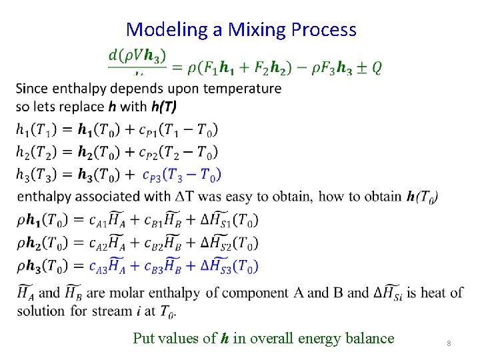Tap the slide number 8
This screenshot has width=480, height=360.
[449, 343]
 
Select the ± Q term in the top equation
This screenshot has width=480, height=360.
[368, 67]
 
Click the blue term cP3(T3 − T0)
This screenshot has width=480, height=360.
[181, 175]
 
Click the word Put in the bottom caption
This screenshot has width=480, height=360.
[143, 338]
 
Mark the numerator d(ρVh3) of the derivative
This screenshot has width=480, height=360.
[137, 56]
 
